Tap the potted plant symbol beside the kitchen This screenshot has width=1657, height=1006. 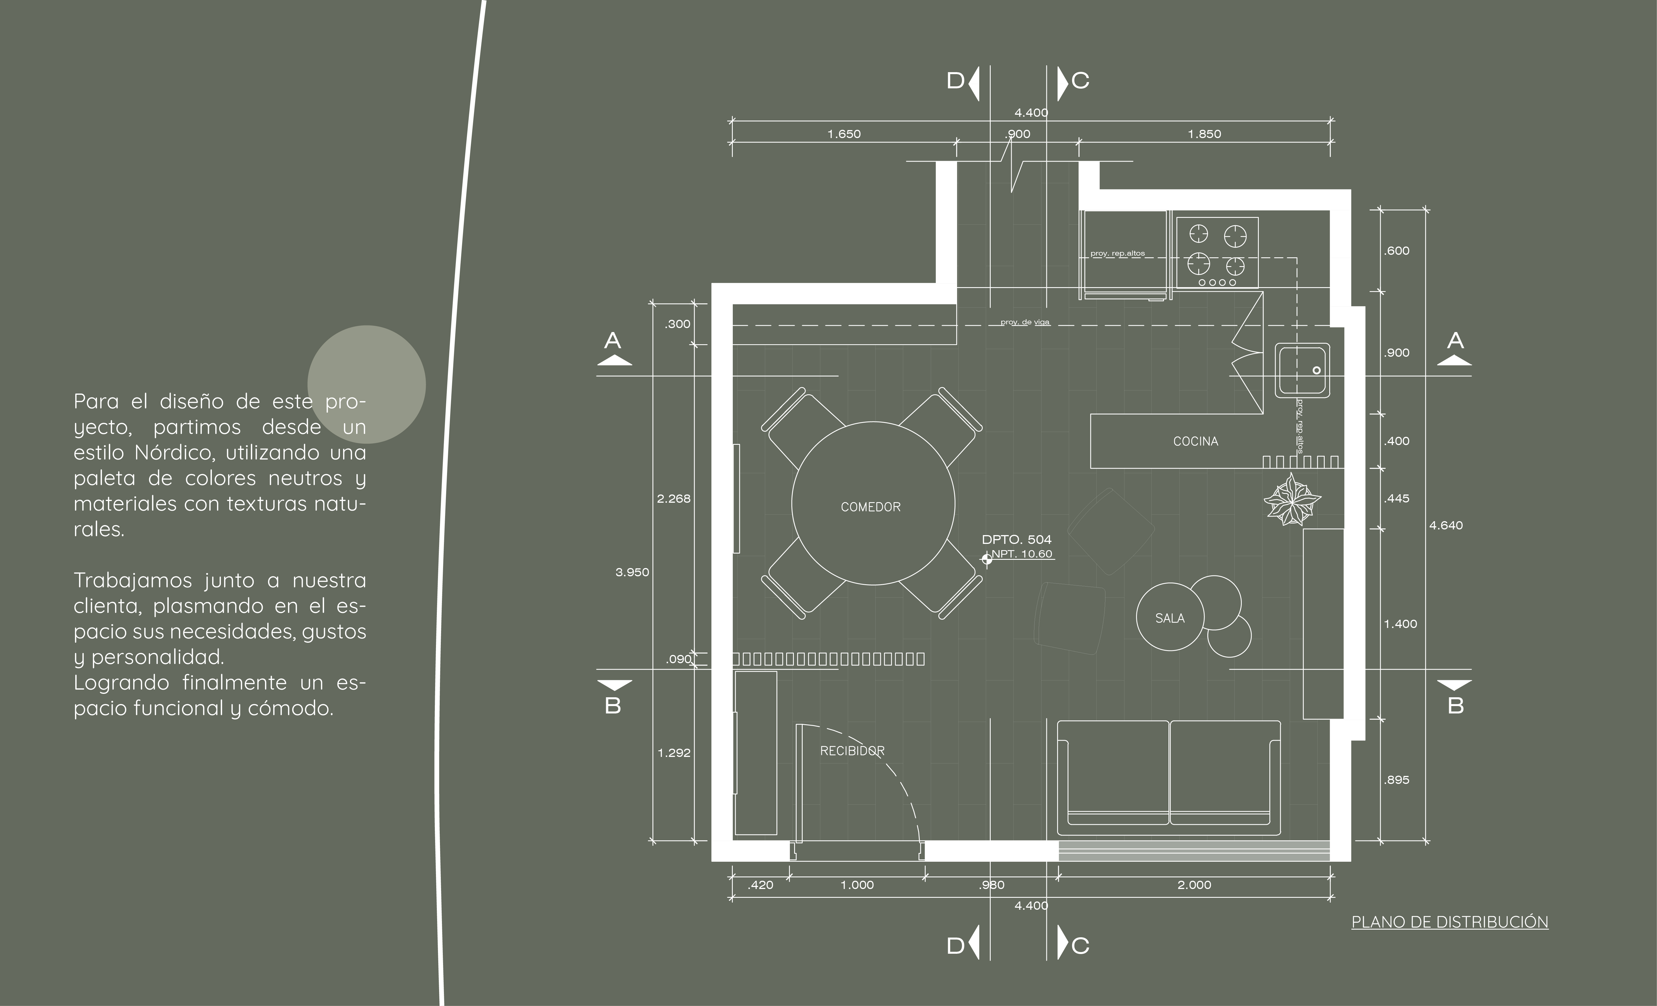click(1292, 499)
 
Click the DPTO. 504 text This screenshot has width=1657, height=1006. click(1016, 539)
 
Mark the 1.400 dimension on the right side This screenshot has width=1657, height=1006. click(1400, 624)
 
